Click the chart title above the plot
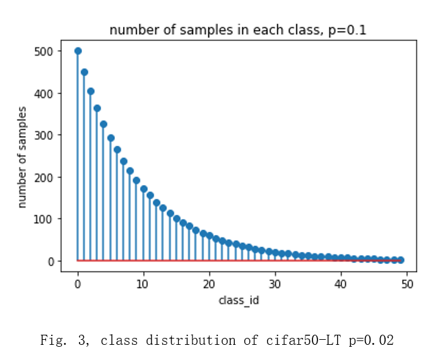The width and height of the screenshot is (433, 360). pos(238,30)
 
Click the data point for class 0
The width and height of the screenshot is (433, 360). pos(78,51)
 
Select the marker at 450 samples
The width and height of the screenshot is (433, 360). pos(85,72)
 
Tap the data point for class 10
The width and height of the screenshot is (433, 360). pos(144,189)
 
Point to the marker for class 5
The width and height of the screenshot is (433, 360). pos(111,138)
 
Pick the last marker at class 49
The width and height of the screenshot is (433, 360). pos(401,260)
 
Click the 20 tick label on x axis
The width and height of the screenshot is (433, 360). pos(209,284)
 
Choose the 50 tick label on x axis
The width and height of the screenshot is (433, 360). pos(407,284)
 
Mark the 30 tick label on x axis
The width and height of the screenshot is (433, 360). pos(275,284)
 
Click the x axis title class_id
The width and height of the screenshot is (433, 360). pos(239,300)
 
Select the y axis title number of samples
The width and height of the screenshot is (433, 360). pos(23,157)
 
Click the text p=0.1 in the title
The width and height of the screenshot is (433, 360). pos(347,30)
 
